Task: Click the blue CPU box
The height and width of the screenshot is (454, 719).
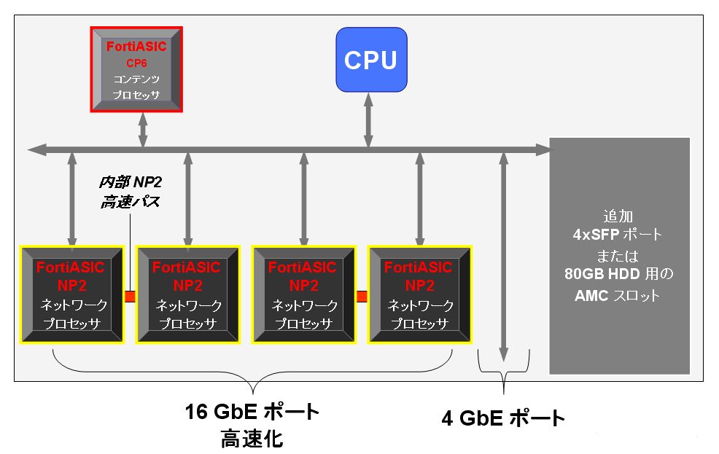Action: [370, 60]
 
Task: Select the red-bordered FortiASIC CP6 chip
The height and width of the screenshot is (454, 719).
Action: [136, 70]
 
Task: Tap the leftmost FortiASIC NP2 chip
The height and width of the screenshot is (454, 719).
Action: [72, 294]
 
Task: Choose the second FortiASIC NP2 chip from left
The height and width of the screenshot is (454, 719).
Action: [188, 294]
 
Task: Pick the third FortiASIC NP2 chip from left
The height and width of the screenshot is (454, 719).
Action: [303, 294]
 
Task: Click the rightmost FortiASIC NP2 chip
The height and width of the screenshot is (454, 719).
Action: [419, 294]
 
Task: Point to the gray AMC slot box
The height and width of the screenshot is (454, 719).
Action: [619, 255]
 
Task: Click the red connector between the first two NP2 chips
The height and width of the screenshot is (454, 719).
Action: [131, 296]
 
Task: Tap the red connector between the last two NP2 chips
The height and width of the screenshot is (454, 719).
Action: [362, 296]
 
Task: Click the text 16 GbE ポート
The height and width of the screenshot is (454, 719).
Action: [252, 412]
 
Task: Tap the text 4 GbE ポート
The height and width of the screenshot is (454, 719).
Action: [503, 418]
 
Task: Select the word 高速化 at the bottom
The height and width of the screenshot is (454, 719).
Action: [252, 439]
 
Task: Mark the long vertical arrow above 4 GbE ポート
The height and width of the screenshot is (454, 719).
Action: [503, 255]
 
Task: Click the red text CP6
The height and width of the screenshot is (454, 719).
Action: [136, 63]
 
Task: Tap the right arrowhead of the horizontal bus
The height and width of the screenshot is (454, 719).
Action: [545, 149]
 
